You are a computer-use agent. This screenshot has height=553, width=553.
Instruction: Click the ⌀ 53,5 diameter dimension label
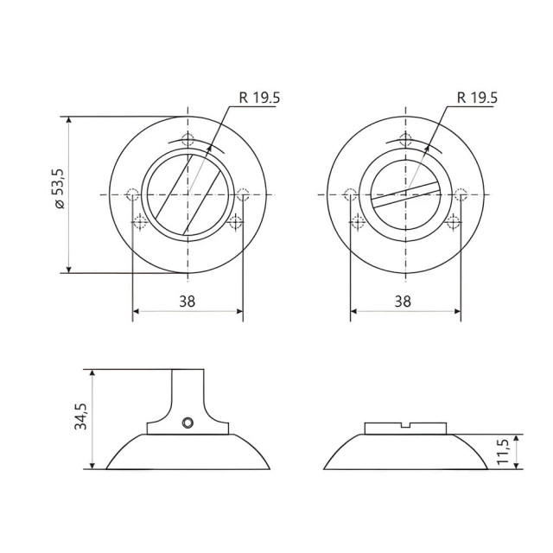(x=60, y=192)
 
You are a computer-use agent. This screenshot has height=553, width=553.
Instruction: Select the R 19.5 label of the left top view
(x=259, y=99)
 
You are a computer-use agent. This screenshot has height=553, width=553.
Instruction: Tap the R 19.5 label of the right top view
(x=477, y=99)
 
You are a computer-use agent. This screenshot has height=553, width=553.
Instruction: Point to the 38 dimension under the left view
(x=188, y=302)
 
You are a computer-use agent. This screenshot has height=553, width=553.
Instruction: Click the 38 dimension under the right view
(x=404, y=302)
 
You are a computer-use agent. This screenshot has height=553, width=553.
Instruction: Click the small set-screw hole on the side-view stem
(x=188, y=423)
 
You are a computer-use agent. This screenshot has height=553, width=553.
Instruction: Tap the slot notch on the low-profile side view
(x=405, y=425)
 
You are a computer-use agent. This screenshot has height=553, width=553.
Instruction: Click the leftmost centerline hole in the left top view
(x=132, y=194)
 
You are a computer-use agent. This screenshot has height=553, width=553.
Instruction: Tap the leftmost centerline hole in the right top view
(x=349, y=194)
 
